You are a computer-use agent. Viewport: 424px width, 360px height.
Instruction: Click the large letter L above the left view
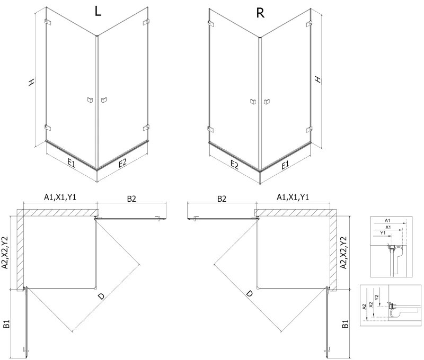(x=97, y=12)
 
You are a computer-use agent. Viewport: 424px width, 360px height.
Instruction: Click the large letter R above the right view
(x=260, y=13)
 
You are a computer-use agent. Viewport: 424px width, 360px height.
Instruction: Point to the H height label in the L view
(x=32, y=82)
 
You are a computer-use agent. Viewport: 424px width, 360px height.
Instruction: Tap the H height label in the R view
(x=317, y=79)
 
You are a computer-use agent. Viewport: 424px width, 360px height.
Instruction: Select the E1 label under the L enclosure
(x=70, y=164)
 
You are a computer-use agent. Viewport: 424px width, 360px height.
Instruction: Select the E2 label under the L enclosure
(x=122, y=164)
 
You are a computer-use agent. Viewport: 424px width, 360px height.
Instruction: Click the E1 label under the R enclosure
(x=285, y=165)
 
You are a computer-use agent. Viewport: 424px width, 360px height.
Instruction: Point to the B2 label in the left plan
(x=131, y=199)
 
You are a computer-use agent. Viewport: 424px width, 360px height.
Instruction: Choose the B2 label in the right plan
(x=222, y=199)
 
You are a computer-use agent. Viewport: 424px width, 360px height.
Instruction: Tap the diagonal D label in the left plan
(x=101, y=299)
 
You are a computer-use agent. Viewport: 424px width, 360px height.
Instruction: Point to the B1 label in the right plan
(x=345, y=324)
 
